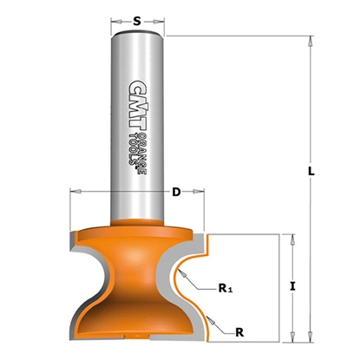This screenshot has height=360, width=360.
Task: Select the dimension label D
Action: [x=176, y=192]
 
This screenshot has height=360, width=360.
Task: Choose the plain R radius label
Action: [x=239, y=331]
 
